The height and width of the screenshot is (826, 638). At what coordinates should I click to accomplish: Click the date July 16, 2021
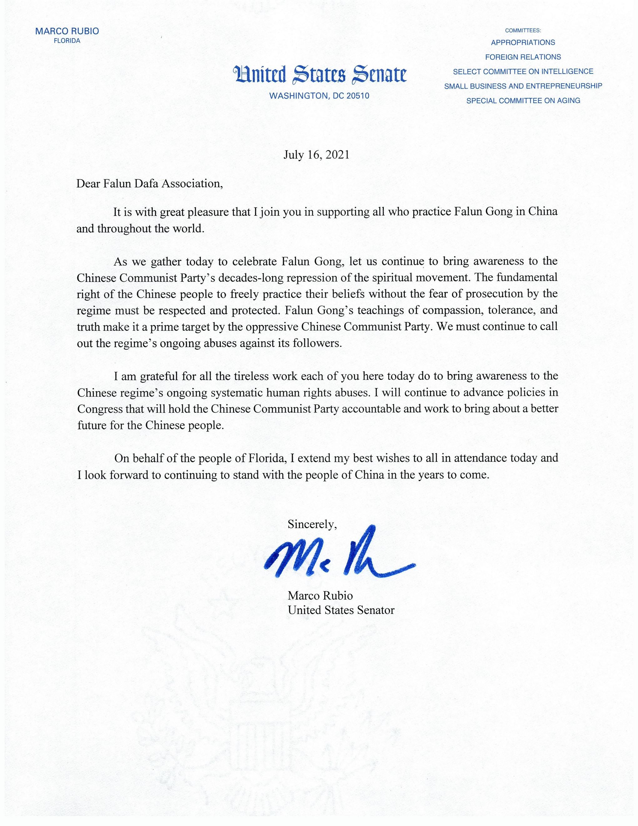(x=316, y=156)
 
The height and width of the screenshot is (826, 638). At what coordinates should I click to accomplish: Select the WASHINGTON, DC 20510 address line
(x=319, y=96)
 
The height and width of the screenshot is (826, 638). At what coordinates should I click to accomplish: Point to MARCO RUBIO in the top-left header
(x=67, y=31)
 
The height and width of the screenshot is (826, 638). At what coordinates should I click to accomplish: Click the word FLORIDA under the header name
(x=67, y=41)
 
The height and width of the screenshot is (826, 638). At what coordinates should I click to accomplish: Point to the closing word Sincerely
(x=312, y=524)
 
